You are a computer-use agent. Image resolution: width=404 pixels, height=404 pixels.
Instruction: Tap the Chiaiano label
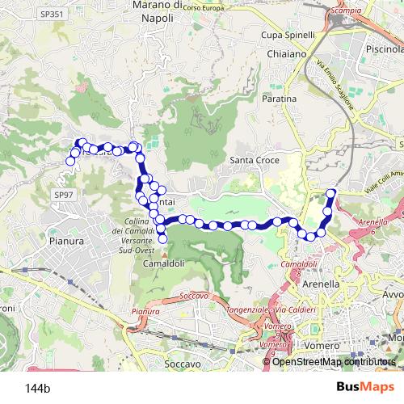[282, 53]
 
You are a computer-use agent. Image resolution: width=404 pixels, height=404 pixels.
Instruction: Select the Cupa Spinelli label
[288, 36]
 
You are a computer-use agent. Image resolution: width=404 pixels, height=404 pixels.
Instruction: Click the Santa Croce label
[255, 160]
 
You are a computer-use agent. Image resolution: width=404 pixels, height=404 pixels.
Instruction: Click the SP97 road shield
[63, 195]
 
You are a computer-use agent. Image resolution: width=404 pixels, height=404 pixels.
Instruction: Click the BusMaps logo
[360, 387]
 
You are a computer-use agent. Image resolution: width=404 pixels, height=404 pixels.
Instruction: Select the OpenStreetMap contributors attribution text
[335, 361]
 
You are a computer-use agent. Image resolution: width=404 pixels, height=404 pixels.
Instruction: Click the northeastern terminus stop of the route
[330, 192]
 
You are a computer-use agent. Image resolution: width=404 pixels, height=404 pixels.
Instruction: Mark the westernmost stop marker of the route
[70, 161]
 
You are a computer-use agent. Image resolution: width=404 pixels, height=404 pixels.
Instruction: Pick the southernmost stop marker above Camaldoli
[162, 238]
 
